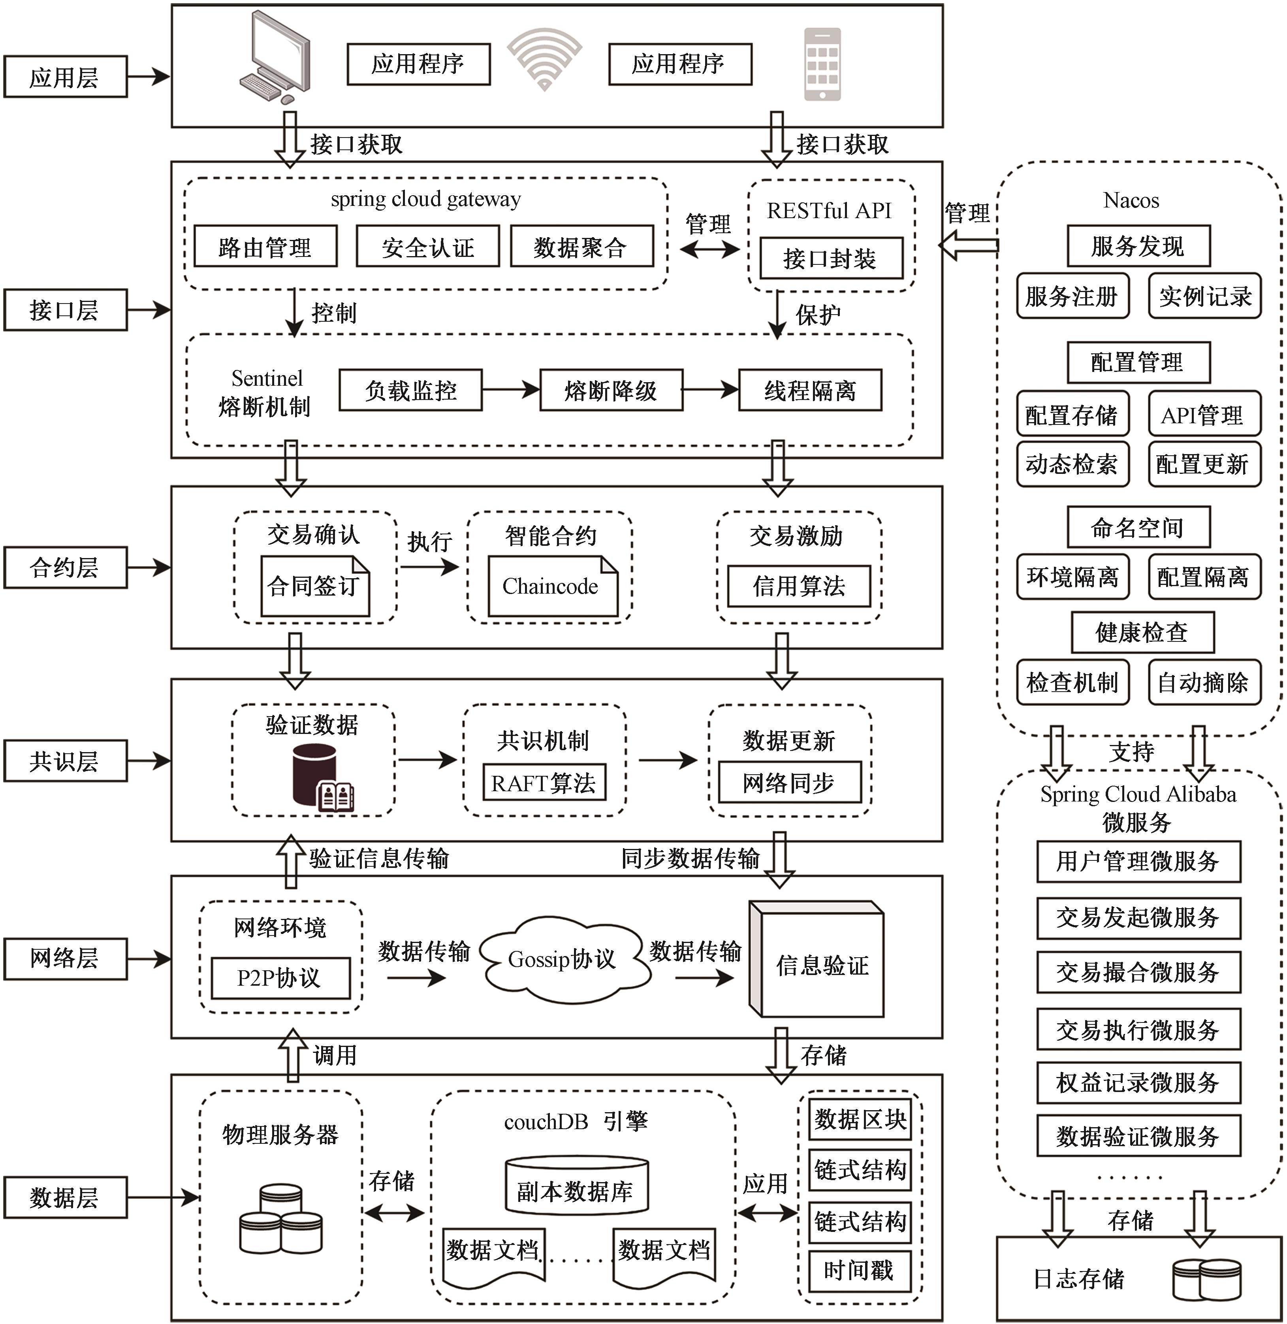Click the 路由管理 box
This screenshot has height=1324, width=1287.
coord(265,247)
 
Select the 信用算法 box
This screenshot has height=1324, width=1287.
coord(799,586)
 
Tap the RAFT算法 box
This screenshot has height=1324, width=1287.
coord(544,783)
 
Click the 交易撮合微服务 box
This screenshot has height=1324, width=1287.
coord(1138,972)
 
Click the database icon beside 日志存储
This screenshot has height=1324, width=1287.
coord(1206,1280)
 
